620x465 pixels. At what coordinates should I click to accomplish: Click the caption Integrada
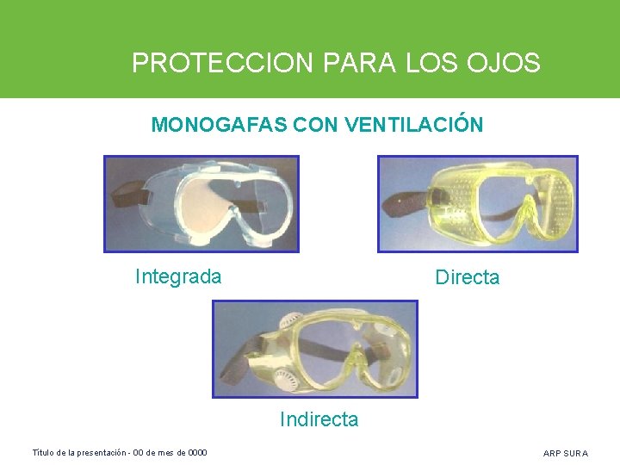click(x=178, y=276)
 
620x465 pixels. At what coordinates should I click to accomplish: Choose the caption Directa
click(x=467, y=277)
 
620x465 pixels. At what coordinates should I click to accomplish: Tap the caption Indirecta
click(x=319, y=419)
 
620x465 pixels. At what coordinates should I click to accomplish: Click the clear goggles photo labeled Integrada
click(x=201, y=203)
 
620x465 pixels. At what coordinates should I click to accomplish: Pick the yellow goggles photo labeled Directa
click(x=478, y=203)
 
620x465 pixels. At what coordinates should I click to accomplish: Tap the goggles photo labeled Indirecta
click(x=315, y=349)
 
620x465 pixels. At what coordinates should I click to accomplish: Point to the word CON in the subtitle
click(x=316, y=125)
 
